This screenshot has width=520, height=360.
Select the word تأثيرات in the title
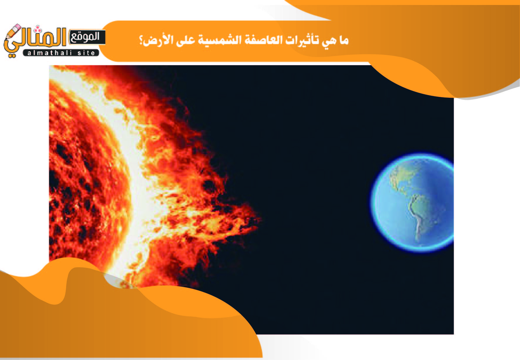[x=299, y=41]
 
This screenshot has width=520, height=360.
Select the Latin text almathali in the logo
[x=50, y=53]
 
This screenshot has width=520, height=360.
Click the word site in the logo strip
[x=86, y=53]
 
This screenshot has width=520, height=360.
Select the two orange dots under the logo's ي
[x=12, y=55]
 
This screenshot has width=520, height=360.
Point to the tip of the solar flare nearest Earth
[x=260, y=218]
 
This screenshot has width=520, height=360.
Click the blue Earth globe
[x=412, y=203]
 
